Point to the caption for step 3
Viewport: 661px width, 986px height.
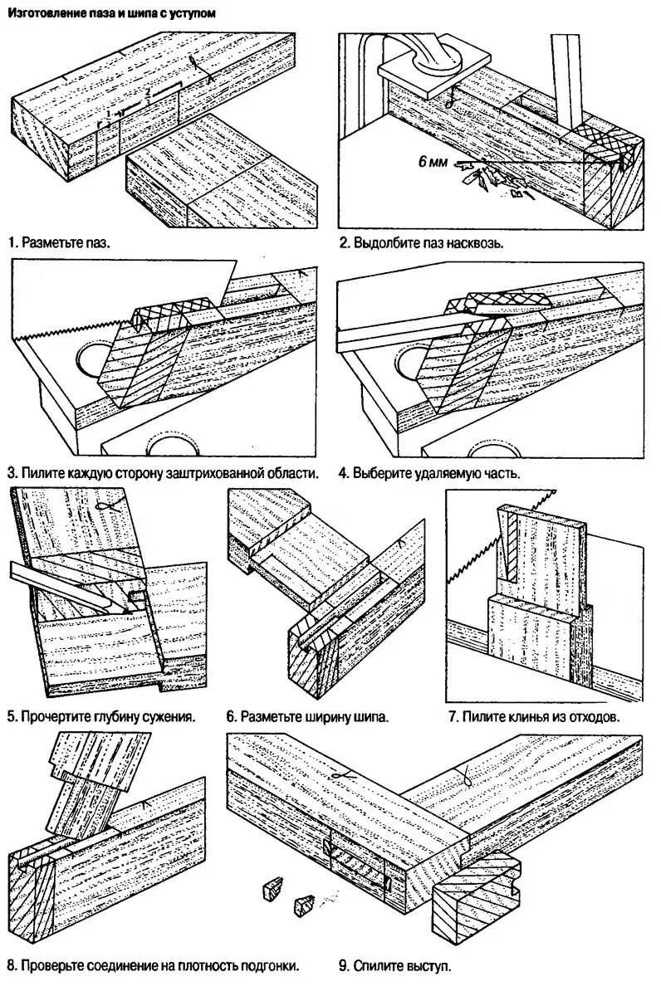[x=164, y=474]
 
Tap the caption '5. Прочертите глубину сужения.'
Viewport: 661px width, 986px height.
[x=100, y=716]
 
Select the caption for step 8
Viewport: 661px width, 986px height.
[x=153, y=966]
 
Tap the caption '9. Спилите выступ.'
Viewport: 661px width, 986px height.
[x=394, y=966]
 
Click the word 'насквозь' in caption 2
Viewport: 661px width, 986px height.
[x=477, y=244]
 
